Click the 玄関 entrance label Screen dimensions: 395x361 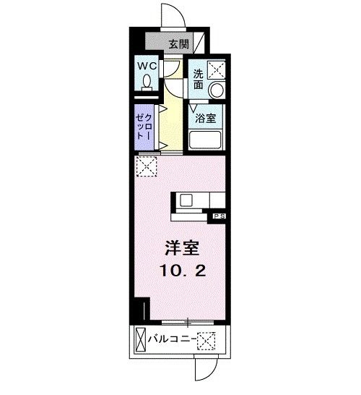pyautogui.click(x=179, y=43)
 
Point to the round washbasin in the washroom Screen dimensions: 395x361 pyautogui.click(x=216, y=90)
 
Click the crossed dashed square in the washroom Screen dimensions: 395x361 pyautogui.click(x=216, y=70)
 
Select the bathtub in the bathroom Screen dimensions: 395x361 pyautogui.click(x=208, y=140)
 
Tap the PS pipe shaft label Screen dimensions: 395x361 pyautogui.click(x=219, y=216)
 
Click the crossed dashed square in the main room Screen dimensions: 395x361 pyautogui.click(x=146, y=167)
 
